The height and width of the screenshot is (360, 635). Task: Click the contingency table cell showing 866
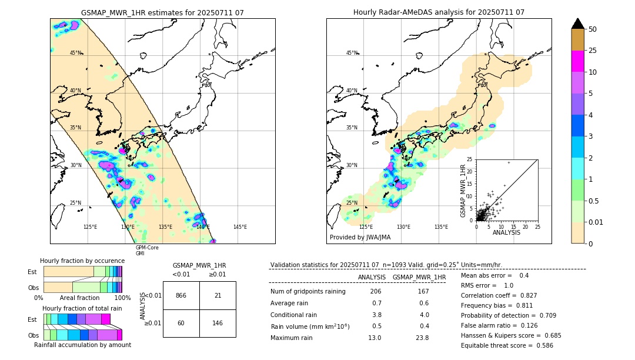(181, 295)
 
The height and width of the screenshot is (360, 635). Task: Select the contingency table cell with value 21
(218, 295)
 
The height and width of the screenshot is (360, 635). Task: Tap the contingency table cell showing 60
(181, 323)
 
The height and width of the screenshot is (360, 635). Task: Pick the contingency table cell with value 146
(218, 323)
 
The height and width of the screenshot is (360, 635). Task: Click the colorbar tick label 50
(593, 29)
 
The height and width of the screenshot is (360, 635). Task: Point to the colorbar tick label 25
(593, 51)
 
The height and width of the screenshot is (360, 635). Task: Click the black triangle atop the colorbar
(578, 24)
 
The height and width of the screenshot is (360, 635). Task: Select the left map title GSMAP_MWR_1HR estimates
(162, 12)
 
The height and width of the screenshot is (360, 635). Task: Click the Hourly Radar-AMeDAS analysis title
(439, 12)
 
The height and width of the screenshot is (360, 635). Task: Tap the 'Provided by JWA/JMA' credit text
(360, 238)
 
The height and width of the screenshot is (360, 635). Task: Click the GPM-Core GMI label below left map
(147, 251)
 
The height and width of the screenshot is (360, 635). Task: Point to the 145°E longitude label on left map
(240, 227)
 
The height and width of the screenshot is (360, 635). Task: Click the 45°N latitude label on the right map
(352, 53)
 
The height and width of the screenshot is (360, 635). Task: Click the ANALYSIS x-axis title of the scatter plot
(506, 232)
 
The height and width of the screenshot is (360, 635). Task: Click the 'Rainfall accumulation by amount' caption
(82, 345)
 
